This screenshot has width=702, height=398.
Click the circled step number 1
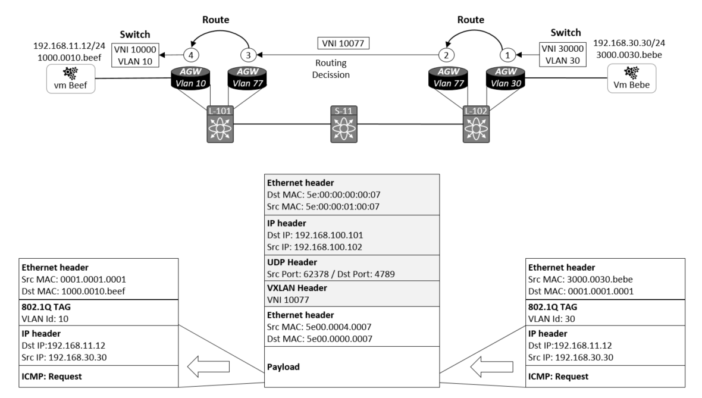click(x=507, y=55)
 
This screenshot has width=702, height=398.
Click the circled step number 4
click(x=190, y=55)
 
